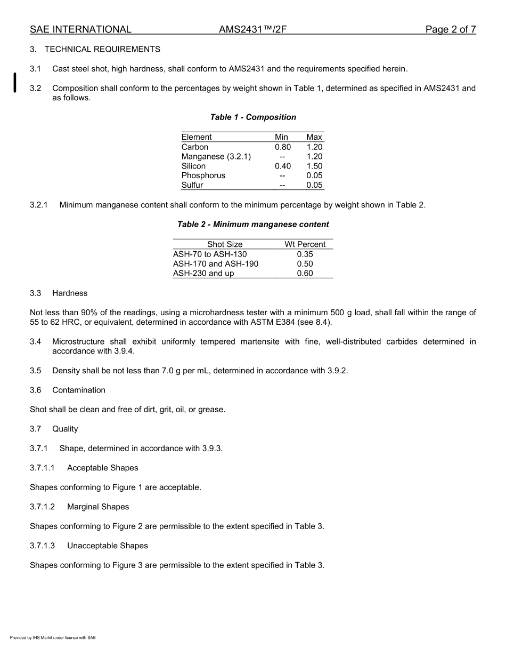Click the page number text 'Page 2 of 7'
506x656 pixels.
click(450, 29)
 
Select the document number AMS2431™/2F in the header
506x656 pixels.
click(252, 29)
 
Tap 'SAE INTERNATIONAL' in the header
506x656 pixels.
click(80, 29)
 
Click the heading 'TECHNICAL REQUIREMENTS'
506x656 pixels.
click(102, 49)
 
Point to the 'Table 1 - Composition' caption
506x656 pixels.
click(253, 117)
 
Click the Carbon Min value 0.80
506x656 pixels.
click(283, 147)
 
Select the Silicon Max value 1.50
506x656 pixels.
click(314, 166)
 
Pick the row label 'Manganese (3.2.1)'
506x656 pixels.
click(216, 157)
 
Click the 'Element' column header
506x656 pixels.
click(197, 137)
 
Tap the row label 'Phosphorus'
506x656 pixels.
click(203, 175)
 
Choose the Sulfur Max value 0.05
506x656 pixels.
click(314, 186)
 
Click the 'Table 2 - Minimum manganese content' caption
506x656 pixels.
click(253, 225)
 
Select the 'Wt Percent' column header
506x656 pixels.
click(305, 244)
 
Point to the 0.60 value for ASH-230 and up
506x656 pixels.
click(305, 274)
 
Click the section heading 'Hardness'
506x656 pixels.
click(70, 293)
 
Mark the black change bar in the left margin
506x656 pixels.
click(15, 83)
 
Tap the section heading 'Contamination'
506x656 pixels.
click(79, 390)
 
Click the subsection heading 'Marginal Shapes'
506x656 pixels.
click(98, 507)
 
